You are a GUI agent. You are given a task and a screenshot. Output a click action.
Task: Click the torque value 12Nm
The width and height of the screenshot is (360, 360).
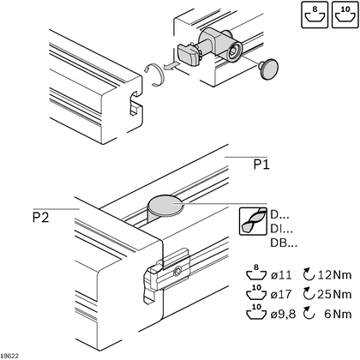(x=334, y=274)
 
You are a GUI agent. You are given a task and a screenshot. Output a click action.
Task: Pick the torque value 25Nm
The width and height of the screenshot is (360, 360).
(x=334, y=294)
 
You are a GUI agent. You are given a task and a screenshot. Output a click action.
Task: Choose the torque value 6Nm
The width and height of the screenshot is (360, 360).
(x=337, y=314)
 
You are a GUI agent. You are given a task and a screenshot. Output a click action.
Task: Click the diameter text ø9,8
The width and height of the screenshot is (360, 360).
(x=284, y=314)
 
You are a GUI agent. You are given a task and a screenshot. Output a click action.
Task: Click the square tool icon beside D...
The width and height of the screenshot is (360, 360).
(x=251, y=221)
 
